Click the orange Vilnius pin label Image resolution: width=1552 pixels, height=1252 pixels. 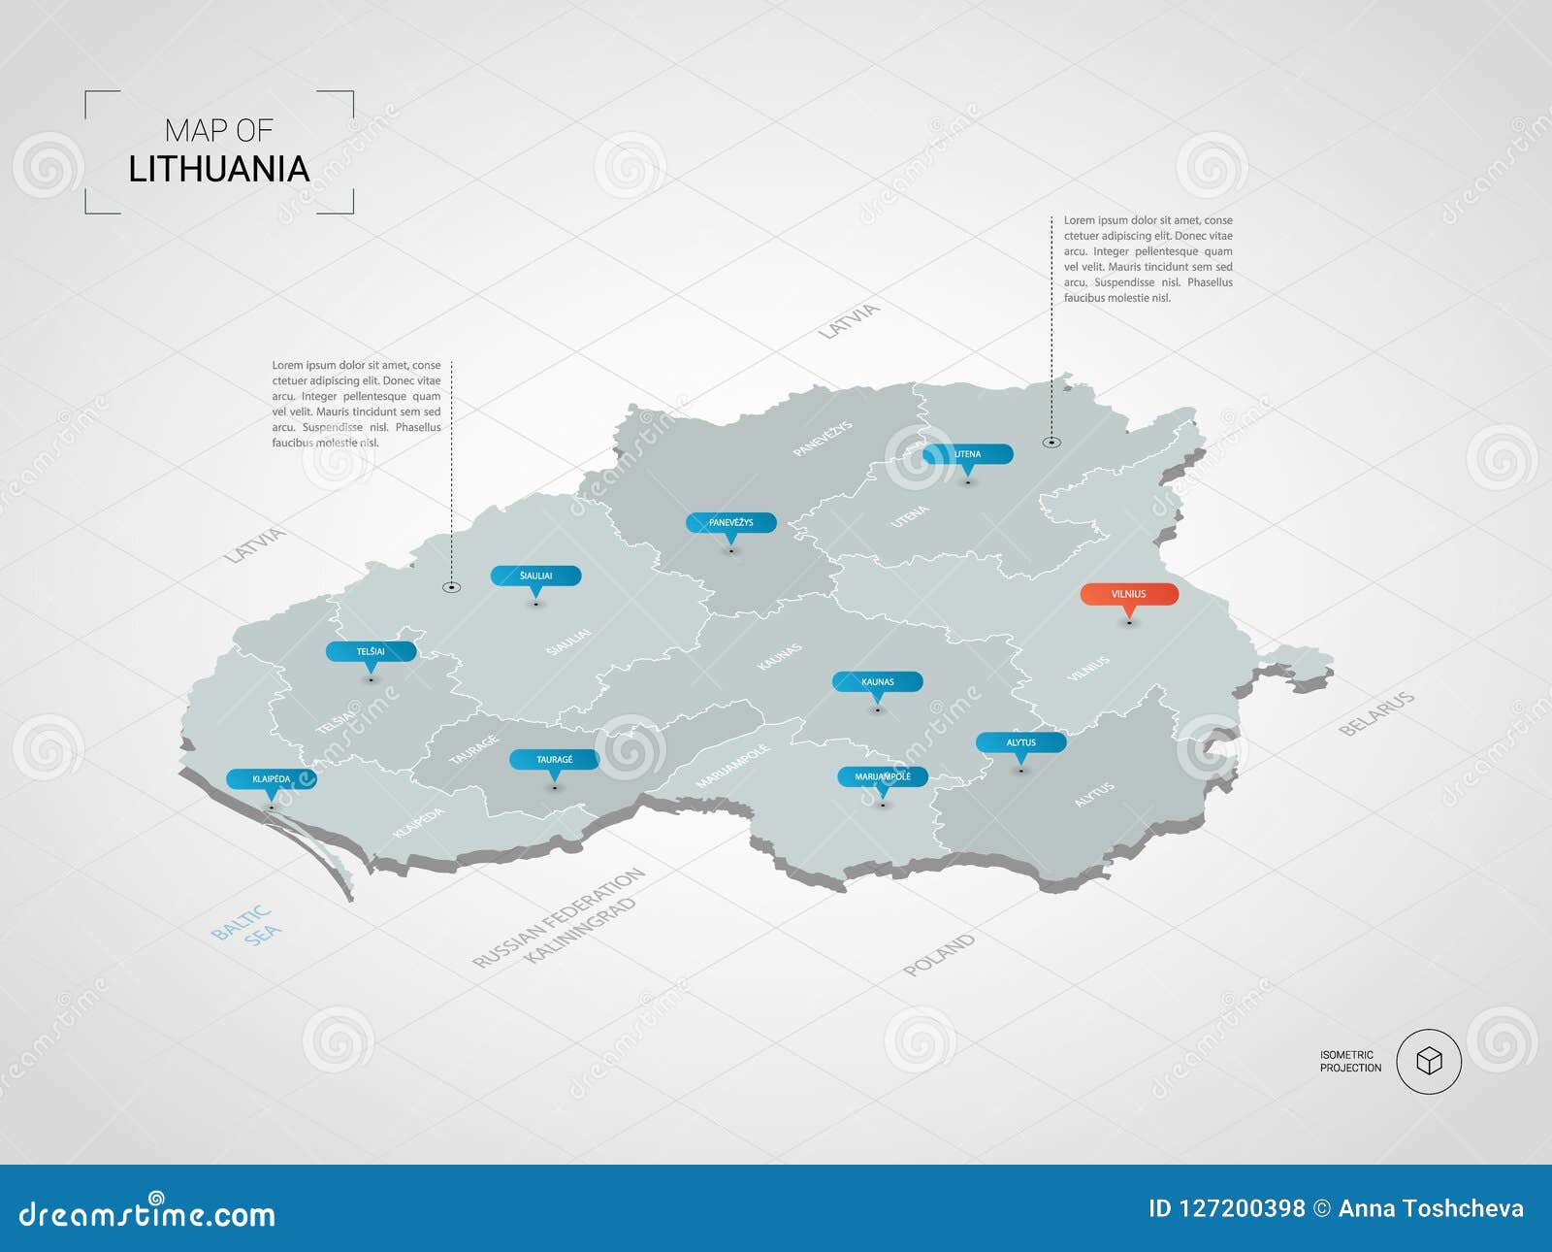1129,594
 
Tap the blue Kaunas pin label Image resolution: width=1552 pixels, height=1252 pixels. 878,681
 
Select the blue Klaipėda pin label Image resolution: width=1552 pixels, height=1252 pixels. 272,778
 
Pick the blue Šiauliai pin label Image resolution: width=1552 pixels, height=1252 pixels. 535,576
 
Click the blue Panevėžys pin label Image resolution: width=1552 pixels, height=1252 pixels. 730,522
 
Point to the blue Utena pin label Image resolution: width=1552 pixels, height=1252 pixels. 967,453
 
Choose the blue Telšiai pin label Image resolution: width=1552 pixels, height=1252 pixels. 371,651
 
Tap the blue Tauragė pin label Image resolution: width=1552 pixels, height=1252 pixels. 555,759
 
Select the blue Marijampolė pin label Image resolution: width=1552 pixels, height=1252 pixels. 883,776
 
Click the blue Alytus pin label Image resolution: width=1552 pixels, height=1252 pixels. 1020,742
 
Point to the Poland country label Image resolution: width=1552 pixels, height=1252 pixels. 938,955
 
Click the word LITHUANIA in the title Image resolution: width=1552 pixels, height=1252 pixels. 219,170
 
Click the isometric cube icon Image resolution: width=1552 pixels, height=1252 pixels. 1429,1061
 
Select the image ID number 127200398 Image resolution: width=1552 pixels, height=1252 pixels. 1241,1208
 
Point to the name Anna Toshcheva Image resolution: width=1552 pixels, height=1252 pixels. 1431,1208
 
